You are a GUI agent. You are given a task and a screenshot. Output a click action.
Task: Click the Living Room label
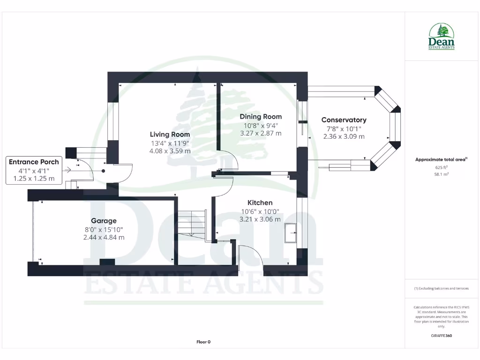click(x=170, y=135)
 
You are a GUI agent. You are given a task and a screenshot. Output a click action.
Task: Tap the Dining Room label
click(x=261, y=117)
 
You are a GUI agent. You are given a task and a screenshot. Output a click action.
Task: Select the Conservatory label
click(x=344, y=120)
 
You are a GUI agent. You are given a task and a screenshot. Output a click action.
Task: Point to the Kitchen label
click(x=260, y=202)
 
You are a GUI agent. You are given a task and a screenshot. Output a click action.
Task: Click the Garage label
click(x=104, y=221)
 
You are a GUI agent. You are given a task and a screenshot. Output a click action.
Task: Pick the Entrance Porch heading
click(x=34, y=162)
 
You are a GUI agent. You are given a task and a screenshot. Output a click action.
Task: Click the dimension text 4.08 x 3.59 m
click(x=170, y=151)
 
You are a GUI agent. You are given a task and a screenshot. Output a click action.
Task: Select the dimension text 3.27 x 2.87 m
click(x=261, y=133)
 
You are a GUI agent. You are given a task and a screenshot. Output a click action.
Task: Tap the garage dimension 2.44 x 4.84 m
click(x=104, y=237)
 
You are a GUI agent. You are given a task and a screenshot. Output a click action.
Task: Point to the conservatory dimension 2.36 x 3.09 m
click(x=344, y=136)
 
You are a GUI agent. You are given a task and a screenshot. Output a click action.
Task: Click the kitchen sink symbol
click(x=291, y=233)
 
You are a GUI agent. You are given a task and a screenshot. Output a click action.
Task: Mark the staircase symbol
click(x=191, y=224)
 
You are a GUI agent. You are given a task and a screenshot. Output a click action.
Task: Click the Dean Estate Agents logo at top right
click(x=441, y=37)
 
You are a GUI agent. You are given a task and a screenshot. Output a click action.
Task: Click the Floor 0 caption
click(x=203, y=342)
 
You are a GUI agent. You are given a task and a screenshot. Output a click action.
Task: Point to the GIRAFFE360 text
click(x=441, y=336)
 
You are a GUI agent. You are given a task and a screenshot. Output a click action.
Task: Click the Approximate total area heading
click(x=440, y=160)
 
